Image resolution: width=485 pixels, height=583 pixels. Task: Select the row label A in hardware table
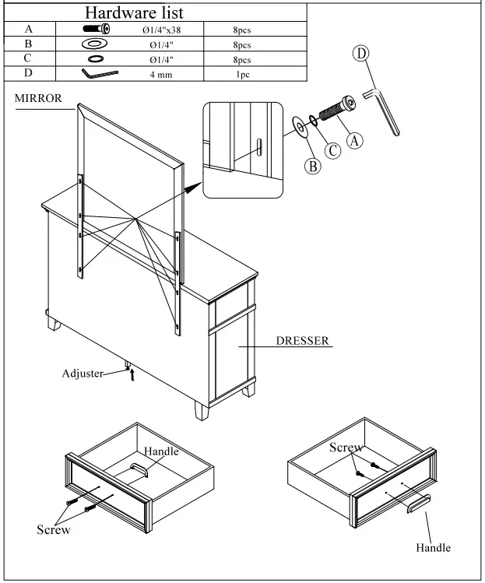pos(28,30)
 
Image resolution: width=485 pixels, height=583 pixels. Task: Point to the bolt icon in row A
pos(96,30)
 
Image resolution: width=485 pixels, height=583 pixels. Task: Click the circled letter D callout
pos(361,54)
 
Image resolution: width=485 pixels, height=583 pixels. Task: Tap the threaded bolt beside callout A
pos(336,112)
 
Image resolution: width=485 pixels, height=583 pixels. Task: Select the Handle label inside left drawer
pos(162,451)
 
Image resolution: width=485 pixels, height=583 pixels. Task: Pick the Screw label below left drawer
pos(54,530)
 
